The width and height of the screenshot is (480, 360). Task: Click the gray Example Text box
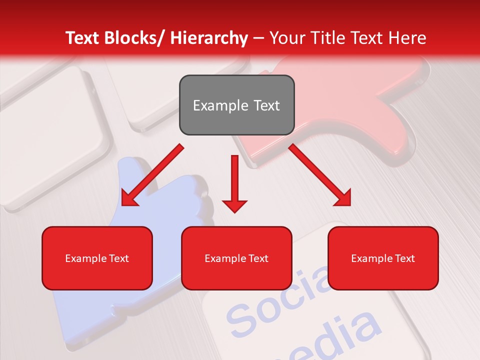pyautogui.click(x=236, y=105)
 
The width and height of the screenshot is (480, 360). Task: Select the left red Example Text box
pyautogui.click(x=97, y=258)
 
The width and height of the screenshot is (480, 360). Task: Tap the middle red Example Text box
pyautogui.click(x=236, y=258)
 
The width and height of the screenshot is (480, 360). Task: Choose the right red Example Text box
pyautogui.click(x=383, y=258)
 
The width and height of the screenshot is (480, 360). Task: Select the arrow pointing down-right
pyautogui.click(x=320, y=175)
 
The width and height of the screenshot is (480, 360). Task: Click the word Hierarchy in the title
pyautogui.click(x=208, y=38)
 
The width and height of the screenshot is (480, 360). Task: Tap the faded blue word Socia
pyautogui.click(x=280, y=300)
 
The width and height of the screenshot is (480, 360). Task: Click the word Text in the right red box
pyautogui.click(x=404, y=258)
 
